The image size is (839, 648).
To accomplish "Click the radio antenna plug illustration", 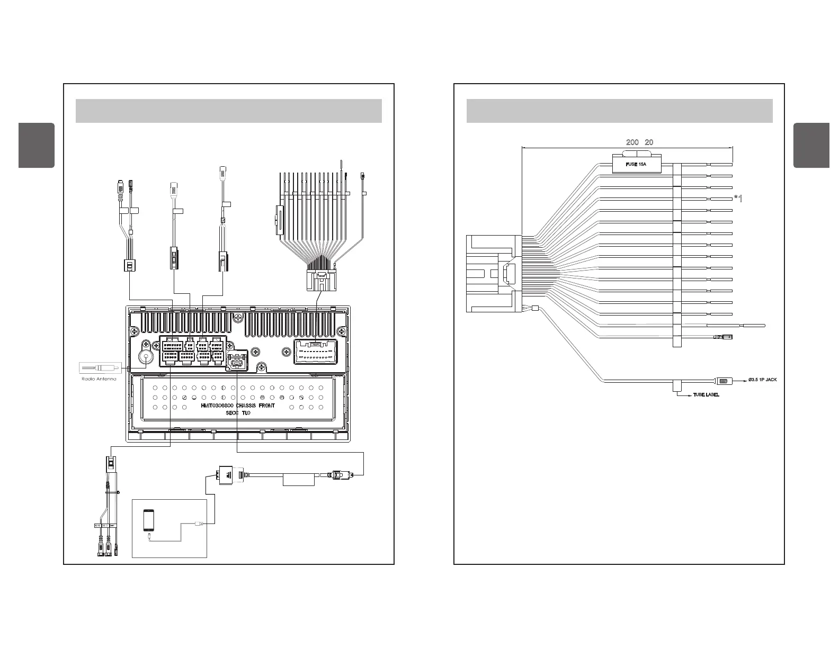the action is point(100,367).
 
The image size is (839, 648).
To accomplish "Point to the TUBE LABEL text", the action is point(706,395).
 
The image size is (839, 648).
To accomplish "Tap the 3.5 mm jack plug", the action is point(724,381).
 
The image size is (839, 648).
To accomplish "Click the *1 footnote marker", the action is point(738,199).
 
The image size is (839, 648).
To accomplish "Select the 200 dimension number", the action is point(632,142).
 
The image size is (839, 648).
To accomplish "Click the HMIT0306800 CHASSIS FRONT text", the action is point(238,406).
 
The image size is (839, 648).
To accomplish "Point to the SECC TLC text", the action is point(238,412).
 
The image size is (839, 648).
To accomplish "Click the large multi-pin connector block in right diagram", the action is point(492,273).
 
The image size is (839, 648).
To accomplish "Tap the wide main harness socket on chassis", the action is point(316,352).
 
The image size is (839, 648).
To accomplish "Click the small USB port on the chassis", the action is point(237,362).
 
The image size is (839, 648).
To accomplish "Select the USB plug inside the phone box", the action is point(198,524).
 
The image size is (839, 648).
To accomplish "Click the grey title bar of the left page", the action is point(228,110).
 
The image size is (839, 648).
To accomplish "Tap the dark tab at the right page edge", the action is point(811,145).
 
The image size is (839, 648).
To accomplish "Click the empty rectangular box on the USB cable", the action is point(299,480).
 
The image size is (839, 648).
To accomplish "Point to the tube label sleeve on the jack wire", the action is point(676,386).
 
